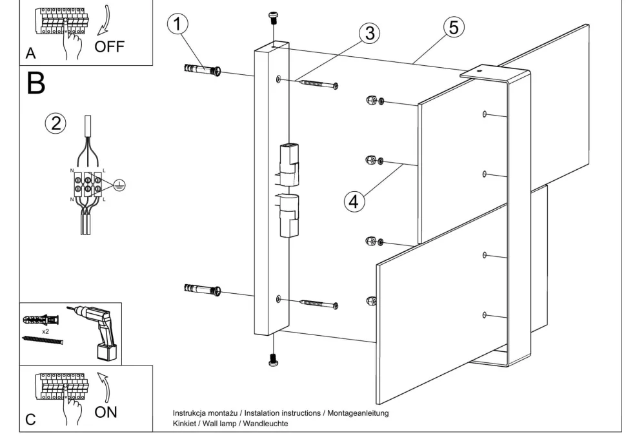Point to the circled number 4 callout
[x=352, y=200]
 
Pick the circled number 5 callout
[x=453, y=27]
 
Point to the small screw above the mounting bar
[x=274, y=17]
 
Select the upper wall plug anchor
[x=203, y=70]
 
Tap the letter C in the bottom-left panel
[x=30, y=420]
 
